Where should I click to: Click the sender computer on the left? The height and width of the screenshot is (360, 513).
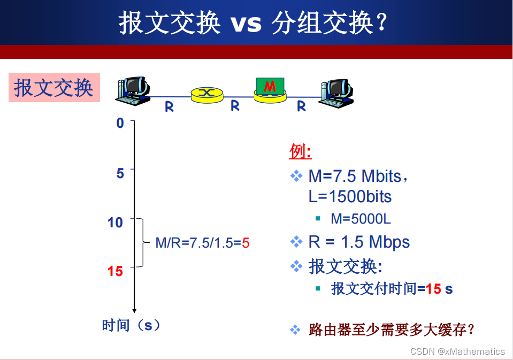pos(132,89)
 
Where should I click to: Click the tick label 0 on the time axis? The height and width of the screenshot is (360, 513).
pos(120,123)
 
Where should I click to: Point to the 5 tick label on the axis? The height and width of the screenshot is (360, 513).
pos(120,173)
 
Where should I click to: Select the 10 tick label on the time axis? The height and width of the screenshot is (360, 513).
pos(115,222)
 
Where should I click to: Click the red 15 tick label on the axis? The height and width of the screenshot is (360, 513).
pos(115,271)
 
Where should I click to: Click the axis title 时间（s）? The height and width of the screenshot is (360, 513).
pos(131,325)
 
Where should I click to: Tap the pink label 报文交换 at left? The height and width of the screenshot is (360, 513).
pos(54,88)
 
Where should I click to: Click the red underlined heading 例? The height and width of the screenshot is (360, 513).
pos(300,152)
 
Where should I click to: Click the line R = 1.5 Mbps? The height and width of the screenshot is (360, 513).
pos(358,242)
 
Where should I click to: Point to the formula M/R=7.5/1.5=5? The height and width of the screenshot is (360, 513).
pos(202,243)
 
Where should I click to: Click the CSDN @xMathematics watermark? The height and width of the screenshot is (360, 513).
pos(457,351)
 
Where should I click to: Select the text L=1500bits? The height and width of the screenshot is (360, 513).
pos(350,196)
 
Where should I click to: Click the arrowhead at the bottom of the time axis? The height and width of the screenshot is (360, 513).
pos(134,310)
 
